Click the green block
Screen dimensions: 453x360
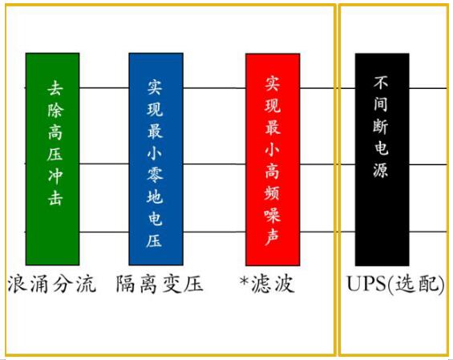coord(53,159)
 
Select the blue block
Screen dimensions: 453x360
coord(156,159)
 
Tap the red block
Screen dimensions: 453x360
coord(273,160)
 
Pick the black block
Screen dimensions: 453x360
coord(382,160)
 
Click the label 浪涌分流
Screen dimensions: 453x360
coord(51,284)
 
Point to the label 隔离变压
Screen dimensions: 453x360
coord(160,284)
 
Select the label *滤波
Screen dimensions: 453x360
coord(267,284)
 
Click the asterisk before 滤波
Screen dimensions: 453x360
coord(245,281)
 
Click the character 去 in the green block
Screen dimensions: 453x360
coord(55,88)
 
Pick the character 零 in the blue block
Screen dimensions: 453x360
coord(155,175)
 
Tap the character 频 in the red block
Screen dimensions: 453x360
coord(272,192)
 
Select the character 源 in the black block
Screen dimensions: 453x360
coord(381,169)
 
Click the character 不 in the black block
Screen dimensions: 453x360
coord(381,83)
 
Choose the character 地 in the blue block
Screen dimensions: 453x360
coord(155,196)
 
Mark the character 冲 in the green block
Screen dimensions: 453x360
coord(55,176)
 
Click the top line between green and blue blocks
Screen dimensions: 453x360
coord(104,88)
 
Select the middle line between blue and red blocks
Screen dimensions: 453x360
coord(214,164)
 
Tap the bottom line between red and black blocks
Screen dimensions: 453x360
coord(328,232)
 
